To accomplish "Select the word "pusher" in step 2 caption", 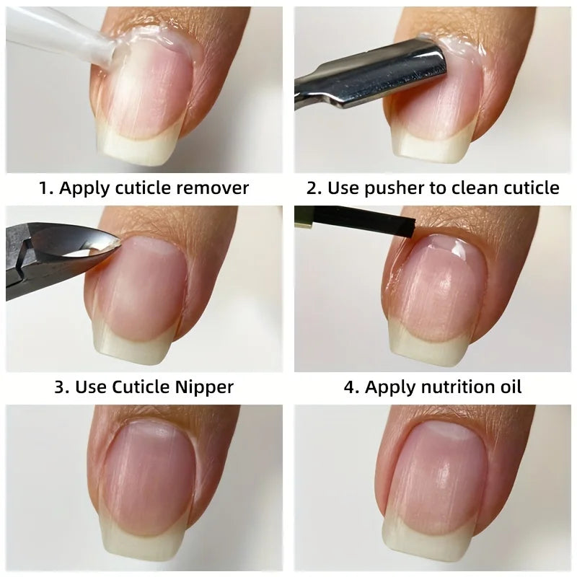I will [x=387, y=188].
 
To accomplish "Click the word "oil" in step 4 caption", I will [x=508, y=387].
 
